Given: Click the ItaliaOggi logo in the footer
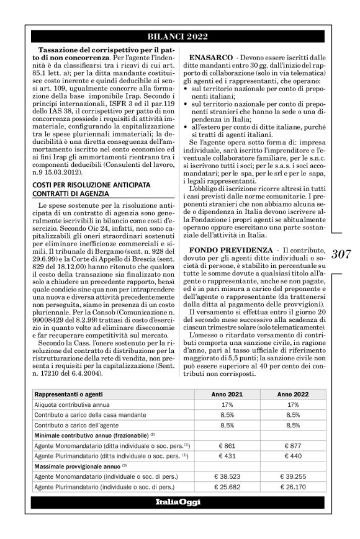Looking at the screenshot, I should point(178,502).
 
